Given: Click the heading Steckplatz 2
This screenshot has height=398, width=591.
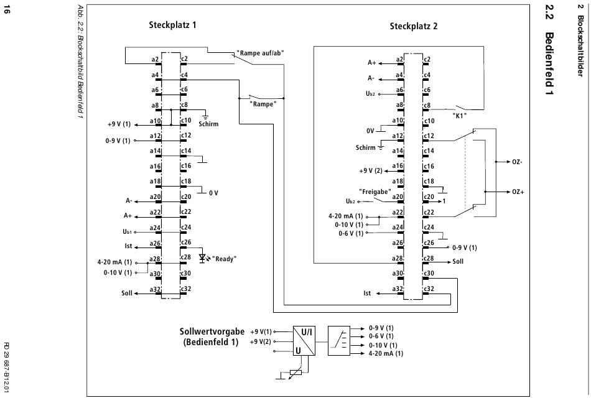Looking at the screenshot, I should coord(413,25).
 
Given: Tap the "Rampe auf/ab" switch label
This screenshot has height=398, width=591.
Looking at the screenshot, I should coord(261,53).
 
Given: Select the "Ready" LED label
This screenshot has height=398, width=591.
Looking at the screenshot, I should coord(225,258).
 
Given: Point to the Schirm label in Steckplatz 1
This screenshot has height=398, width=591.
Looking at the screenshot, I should coord(210,124).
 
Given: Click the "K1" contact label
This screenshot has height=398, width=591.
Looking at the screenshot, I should coord(460,116).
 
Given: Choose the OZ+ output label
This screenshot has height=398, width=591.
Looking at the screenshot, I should coord(518,192).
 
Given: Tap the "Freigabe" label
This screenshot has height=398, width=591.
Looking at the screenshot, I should coord(375,191).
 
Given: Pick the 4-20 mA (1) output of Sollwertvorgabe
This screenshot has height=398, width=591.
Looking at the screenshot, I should coord(386,354).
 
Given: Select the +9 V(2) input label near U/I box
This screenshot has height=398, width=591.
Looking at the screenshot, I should coord(261,341).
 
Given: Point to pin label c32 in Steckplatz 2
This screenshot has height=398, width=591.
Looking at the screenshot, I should coord(428,288).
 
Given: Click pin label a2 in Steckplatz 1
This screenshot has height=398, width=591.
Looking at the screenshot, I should coord(156,60).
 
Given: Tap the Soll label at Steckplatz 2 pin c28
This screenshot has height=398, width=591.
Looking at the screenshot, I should coord(458,262).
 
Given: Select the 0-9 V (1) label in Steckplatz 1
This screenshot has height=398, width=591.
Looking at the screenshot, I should coord(118,141).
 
